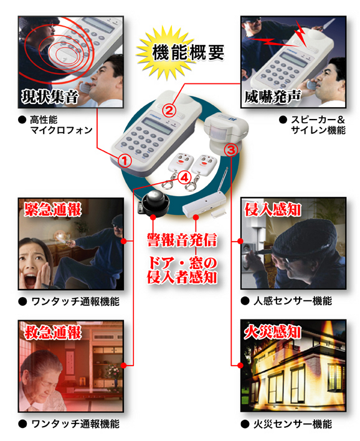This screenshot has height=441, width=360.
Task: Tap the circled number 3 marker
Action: click(230, 149)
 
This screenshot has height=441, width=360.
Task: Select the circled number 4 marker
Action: click(184, 178)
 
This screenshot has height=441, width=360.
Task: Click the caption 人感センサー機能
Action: click(291, 301)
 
